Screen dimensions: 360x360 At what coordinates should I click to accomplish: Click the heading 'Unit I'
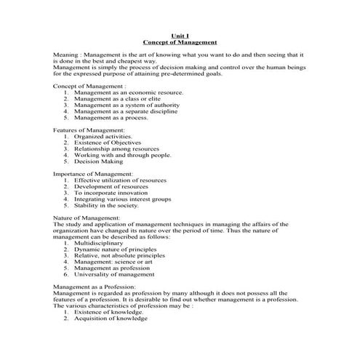click(180, 35)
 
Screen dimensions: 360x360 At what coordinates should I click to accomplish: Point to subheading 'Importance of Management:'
click(93, 174)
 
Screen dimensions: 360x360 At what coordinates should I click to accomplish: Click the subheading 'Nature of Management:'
click(87, 217)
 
